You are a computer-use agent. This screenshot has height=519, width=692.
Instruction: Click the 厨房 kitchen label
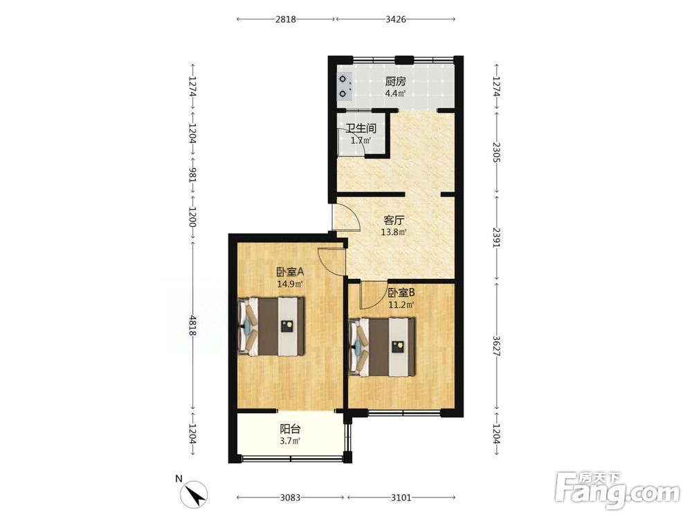click(395, 82)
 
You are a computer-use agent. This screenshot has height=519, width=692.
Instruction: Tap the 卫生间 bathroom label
click(361, 129)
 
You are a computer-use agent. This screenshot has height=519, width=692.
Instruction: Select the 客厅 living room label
click(394, 220)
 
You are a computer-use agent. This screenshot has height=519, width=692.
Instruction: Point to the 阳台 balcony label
click(291, 429)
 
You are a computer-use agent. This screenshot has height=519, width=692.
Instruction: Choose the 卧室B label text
click(401, 293)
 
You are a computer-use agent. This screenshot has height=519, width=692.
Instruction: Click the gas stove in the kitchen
click(344, 86)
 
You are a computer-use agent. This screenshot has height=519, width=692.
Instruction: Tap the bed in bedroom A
click(271, 327)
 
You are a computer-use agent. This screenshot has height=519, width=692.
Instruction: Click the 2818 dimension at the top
click(286, 19)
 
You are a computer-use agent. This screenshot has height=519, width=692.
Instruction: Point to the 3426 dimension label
click(395, 19)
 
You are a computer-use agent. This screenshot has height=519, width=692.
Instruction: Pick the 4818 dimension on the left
click(192, 325)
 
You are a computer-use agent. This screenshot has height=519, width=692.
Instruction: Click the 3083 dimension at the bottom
click(290, 498)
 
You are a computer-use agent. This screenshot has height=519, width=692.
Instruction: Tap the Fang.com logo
click(617, 491)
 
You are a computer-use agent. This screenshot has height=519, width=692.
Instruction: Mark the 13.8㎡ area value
click(394, 232)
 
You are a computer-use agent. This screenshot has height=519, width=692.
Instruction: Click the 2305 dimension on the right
click(496, 152)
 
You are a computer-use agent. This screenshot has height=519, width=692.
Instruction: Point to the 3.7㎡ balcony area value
click(291, 441)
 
